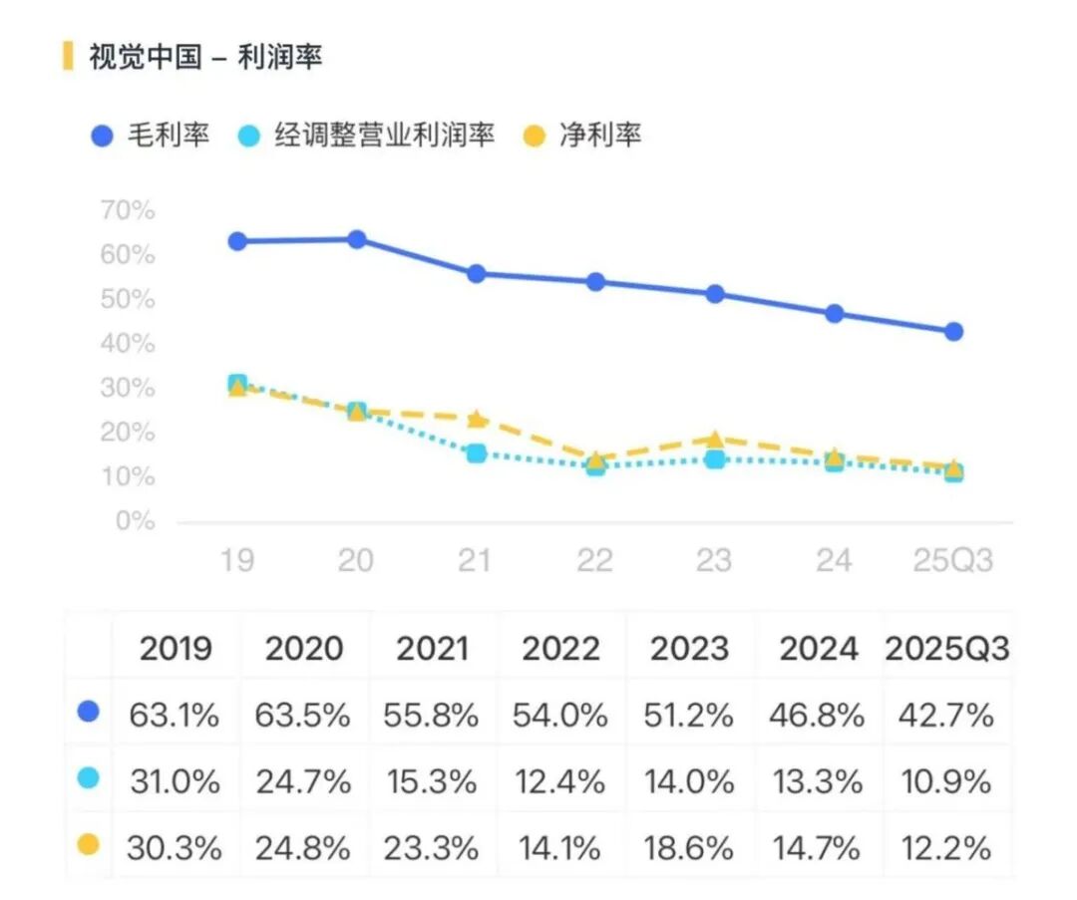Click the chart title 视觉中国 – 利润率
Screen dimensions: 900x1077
click(205, 57)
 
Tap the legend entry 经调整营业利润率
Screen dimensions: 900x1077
click(369, 136)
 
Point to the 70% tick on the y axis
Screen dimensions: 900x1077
click(128, 211)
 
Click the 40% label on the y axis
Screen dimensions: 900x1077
click(128, 344)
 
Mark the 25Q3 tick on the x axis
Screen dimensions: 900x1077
click(953, 560)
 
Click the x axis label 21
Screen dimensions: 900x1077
click(476, 560)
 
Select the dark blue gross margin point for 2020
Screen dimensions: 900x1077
click(357, 239)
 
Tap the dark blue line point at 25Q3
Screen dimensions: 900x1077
click(953, 332)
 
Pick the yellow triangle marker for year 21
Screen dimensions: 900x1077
click(477, 419)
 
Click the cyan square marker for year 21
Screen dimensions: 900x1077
click(477, 453)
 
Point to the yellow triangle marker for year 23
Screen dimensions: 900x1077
click(715, 440)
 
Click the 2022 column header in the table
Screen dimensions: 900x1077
click(561, 649)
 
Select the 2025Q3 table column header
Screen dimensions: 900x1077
click(947, 649)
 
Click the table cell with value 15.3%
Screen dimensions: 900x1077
click(434, 781)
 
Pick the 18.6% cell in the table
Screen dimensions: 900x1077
click(691, 848)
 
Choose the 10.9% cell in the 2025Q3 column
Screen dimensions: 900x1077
click(947, 781)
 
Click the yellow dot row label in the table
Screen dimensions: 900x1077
click(88, 845)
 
